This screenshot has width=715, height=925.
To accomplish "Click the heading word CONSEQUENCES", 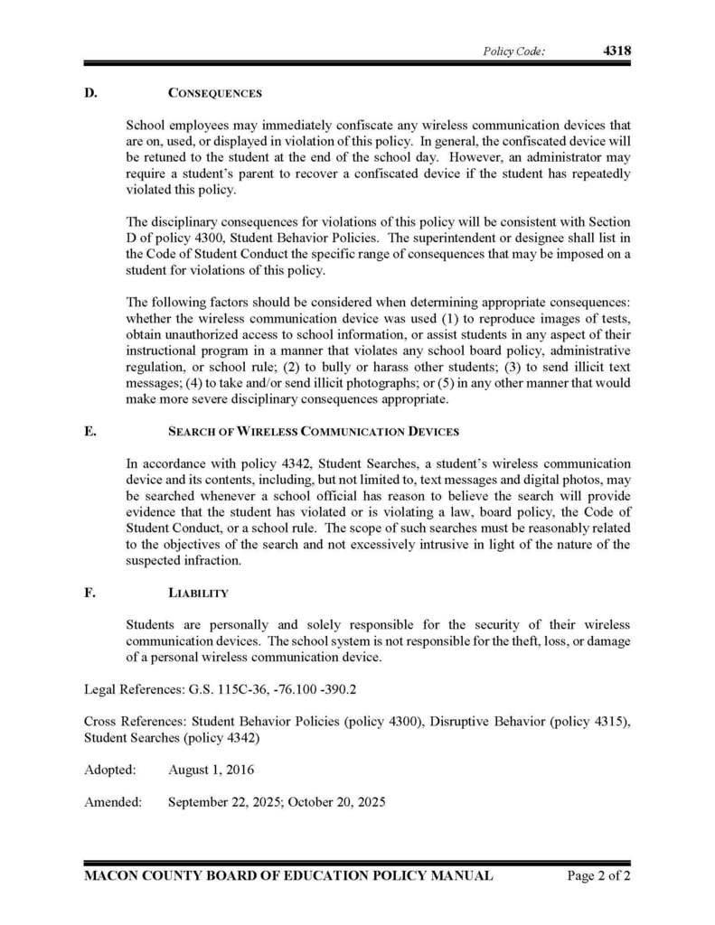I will tap(215, 93).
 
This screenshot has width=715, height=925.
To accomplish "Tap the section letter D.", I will tap(89, 93).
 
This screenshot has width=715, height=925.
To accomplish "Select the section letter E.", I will tap(89, 432).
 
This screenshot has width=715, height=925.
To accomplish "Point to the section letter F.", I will tap(89, 593).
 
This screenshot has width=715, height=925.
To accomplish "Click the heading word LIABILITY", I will tap(198, 593).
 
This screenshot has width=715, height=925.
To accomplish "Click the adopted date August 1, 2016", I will tap(211, 771).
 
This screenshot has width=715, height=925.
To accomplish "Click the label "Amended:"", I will tap(113, 801).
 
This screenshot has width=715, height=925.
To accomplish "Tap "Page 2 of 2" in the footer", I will tap(598, 875).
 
